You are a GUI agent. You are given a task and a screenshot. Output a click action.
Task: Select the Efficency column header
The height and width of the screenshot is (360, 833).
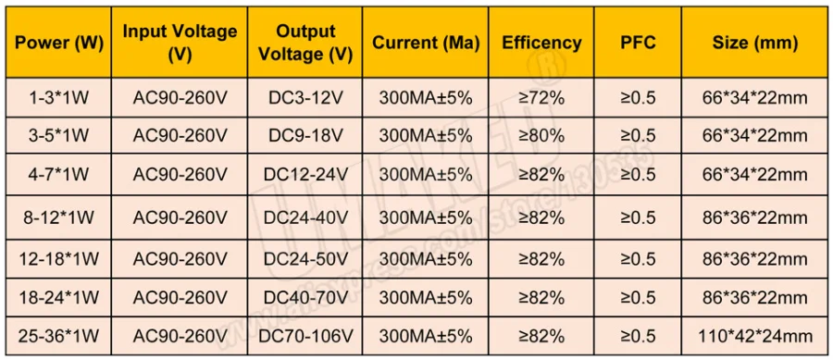tap(541, 43)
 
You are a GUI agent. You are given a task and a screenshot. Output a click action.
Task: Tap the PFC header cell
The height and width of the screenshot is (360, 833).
tap(638, 43)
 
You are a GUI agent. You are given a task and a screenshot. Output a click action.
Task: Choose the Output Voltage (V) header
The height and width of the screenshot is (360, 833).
tap(305, 43)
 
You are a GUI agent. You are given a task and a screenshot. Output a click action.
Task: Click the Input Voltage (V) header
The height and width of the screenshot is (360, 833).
tap(180, 43)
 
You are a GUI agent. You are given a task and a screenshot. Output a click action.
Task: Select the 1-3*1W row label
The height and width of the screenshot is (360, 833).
tap(58, 98)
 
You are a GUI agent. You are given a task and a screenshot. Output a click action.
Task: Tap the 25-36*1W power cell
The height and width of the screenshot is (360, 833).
tap(58, 336)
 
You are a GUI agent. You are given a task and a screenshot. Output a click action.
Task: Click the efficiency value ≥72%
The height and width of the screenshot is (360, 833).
tap(541, 98)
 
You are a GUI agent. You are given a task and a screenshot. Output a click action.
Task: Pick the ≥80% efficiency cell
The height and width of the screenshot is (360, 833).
tap(541, 136)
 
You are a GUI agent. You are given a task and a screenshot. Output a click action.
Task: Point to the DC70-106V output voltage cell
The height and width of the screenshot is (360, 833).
tap(305, 336)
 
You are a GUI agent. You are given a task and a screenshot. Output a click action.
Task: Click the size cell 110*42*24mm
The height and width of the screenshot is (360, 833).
tap(754, 336)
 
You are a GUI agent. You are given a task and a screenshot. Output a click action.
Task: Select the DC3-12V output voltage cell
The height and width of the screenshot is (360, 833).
tap(305, 98)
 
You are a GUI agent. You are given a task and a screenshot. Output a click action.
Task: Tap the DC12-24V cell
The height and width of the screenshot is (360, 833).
tap(305, 174)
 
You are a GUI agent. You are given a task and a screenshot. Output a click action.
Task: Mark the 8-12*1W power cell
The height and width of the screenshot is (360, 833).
tap(58, 217)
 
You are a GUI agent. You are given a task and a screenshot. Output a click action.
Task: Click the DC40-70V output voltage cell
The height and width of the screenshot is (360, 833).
tap(305, 298)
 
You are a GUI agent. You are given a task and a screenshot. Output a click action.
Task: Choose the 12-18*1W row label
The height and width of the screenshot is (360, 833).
tap(58, 259)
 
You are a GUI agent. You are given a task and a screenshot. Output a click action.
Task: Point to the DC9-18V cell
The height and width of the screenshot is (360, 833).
tap(305, 136)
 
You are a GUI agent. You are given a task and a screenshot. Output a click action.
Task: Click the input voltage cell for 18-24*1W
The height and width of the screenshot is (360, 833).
tap(180, 298)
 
